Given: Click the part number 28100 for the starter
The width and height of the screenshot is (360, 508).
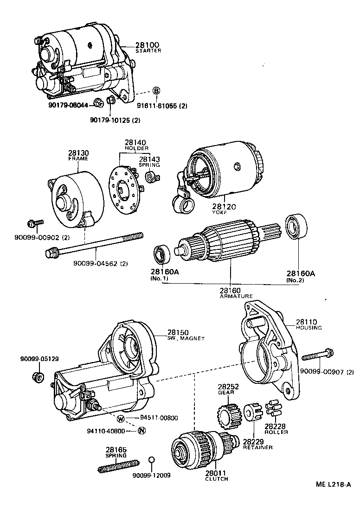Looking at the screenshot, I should pyautogui.click(x=148, y=45).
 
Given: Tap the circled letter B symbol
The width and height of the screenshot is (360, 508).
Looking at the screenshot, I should pyautogui.click(x=156, y=90).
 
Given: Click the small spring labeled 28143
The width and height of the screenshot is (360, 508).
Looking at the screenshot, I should pyautogui.click(x=151, y=178).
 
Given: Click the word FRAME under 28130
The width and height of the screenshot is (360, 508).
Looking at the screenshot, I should pyautogui.click(x=78, y=159).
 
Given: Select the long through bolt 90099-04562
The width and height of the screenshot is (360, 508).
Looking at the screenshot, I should pyautogui.click(x=93, y=245).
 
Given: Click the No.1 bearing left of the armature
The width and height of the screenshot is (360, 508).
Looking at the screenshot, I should pyautogui.click(x=162, y=254).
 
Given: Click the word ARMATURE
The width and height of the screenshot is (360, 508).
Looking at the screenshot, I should pyautogui.click(x=236, y=296).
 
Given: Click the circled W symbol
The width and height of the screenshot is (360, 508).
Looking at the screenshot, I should pyautogui.click(x=121, y=419).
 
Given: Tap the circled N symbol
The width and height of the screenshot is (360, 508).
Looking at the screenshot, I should pyautogui.click(x=142, y=431).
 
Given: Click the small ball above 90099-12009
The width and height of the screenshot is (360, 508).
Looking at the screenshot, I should pyautogui.click(x=151, y=460).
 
